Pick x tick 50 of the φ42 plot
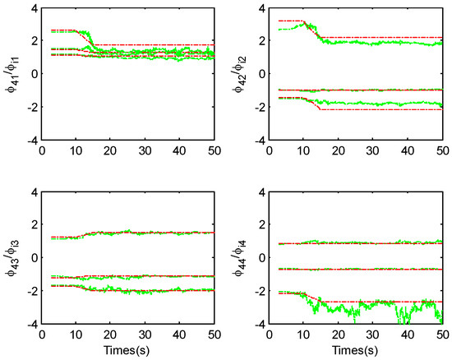[441, 151]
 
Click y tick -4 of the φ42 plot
[256, 141]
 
